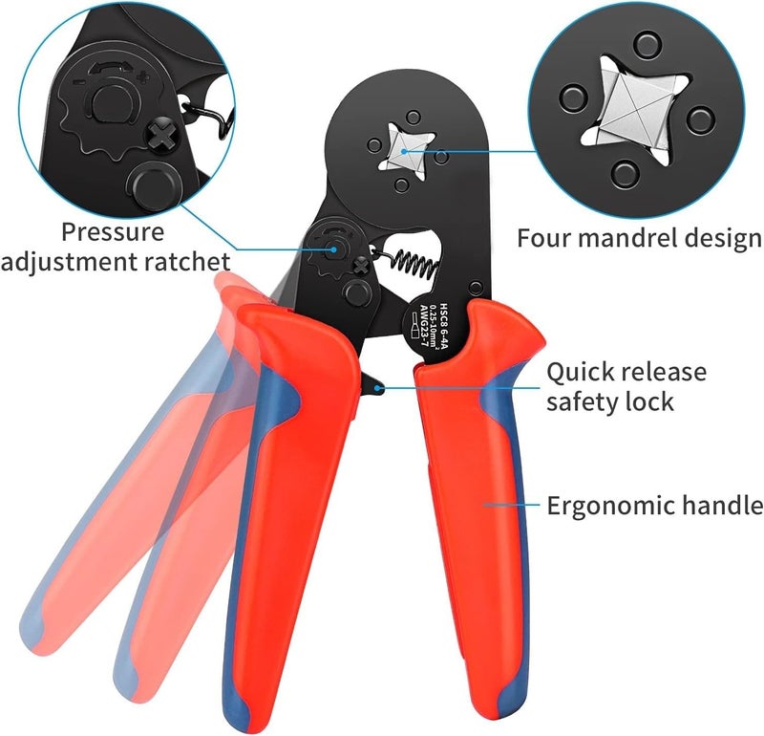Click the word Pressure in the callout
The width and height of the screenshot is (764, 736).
[113, 232]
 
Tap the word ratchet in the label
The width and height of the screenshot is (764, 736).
[187, 262]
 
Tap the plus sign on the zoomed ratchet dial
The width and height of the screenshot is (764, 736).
[142, 76]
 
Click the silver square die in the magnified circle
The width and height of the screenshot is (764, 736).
[635, 111]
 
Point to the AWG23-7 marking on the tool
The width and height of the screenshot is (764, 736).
[423, 326]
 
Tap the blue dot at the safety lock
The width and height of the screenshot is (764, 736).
[376, 388]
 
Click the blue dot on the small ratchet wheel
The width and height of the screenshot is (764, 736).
[333, 249]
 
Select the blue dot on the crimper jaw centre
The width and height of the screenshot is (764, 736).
[404, 151]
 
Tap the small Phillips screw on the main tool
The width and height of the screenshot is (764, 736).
[361, 267]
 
